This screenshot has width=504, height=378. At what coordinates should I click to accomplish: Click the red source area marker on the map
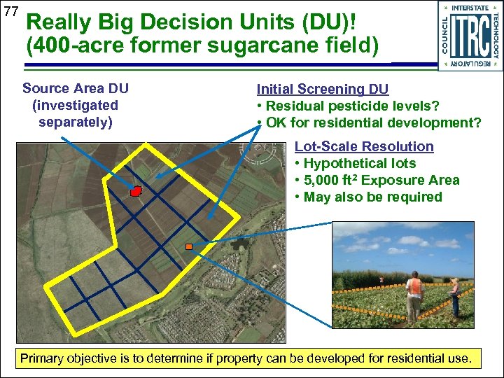click(x=136, y=190)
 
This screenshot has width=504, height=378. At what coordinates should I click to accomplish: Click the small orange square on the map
click(x=188, y=246)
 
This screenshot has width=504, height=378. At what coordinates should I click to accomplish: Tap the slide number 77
click(x=10, y=12)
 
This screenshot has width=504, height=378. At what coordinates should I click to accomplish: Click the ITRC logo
click(x=470, y=35)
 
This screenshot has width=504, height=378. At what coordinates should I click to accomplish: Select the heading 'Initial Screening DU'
click(x=322, y=90)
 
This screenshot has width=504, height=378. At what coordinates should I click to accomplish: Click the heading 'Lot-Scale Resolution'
click(x=364, y=146)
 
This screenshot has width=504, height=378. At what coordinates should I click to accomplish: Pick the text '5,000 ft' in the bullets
click(x=332, y=181)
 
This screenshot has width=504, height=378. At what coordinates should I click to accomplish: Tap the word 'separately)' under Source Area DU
click(x=75, y=122)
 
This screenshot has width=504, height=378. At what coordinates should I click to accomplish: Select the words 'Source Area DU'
click(x=75, y=88)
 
